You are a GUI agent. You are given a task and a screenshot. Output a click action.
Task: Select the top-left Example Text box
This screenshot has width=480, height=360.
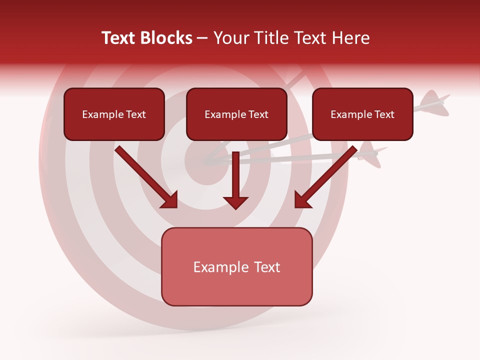point(114,114)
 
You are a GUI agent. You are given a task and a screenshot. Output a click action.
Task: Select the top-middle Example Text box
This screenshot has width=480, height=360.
point(236,114)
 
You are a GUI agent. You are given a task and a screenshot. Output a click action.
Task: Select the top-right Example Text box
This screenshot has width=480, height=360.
point(362,114)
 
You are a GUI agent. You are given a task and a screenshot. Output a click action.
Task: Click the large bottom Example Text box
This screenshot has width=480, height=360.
point(236,266)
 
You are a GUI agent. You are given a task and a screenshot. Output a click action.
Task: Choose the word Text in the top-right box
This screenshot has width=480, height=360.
point(384,114)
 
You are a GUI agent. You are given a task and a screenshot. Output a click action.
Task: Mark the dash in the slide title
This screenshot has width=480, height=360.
point(202,38)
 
